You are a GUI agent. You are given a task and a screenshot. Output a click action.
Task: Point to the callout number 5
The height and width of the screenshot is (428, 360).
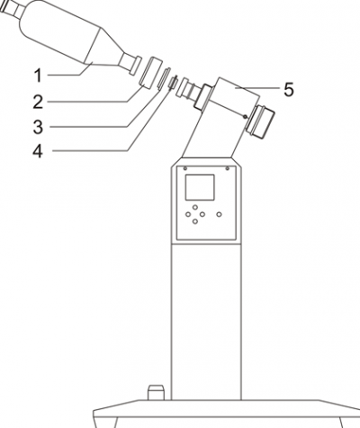pos(287,89)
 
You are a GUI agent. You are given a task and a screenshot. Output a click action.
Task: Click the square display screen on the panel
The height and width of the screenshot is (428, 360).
pos(198,188)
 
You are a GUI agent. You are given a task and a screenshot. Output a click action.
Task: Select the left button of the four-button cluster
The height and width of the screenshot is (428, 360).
pos(189,215)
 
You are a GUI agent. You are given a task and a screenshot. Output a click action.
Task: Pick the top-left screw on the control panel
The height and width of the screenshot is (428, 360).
pos(184,167)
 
